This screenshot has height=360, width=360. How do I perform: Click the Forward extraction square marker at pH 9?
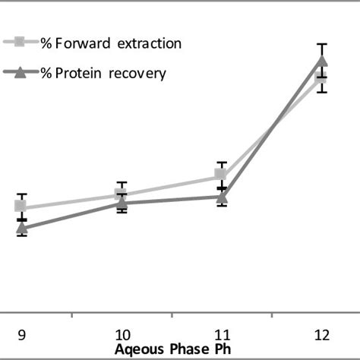coord(21,206)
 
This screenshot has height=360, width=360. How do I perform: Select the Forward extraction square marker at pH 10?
coord(122,195)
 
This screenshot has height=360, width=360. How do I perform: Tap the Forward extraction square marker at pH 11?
coord(221,175)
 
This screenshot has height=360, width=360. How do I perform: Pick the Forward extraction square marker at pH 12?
coord(321,77)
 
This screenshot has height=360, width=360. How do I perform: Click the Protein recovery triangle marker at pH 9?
coord(21,227)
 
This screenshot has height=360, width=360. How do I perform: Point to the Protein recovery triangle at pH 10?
coord(122,203)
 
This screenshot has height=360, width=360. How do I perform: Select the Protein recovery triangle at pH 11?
coord(221,197)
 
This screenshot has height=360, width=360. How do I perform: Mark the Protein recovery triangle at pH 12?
coord(321,61)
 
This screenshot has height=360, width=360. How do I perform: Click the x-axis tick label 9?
coord(21,334)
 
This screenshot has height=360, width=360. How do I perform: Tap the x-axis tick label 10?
coord(122,334)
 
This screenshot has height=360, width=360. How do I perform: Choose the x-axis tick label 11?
coord(222,334)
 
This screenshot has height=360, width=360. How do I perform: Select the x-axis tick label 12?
coord(322,334)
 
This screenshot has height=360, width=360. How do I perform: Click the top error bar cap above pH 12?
coord(321,44)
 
